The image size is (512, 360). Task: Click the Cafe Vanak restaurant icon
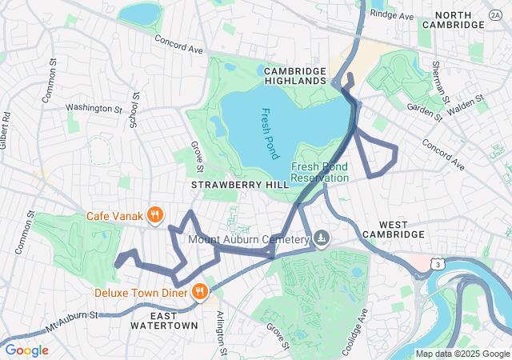tap(155, 215)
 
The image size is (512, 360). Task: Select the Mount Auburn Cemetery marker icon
tap(321, 238)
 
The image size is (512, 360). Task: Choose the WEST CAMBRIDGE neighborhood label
tap(391, 228)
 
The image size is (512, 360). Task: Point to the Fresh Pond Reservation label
tap(319, 172)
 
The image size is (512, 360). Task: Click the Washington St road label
tap(93, 107)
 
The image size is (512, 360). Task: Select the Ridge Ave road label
tap(392, 15)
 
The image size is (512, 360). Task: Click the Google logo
tap(27, 350)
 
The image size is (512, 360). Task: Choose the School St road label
tap(134, 112)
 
